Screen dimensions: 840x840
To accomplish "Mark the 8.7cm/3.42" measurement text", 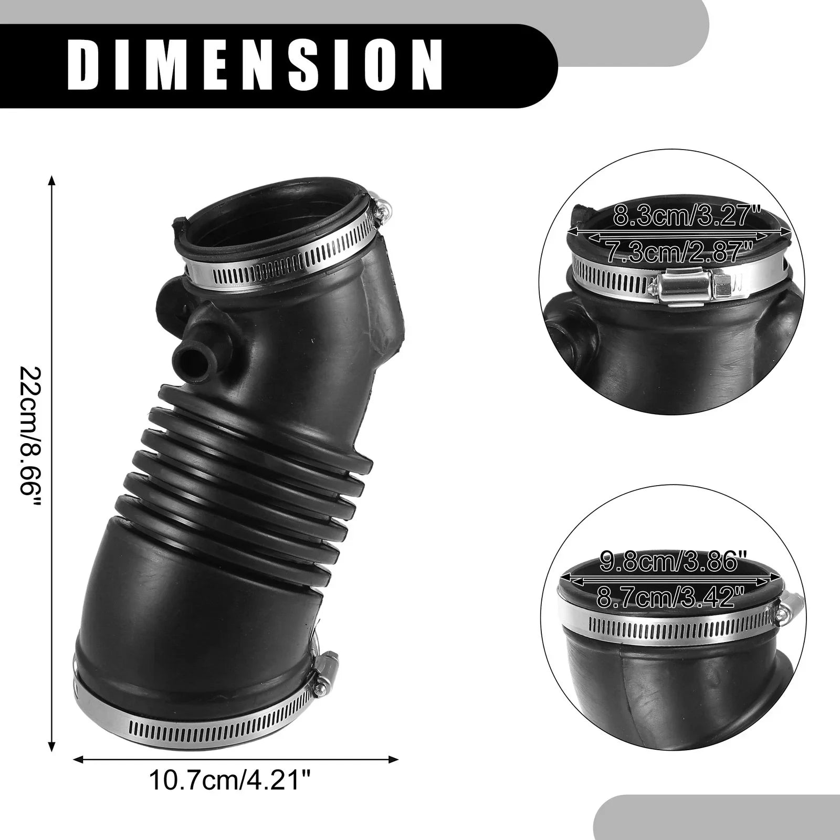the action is point(670,596).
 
